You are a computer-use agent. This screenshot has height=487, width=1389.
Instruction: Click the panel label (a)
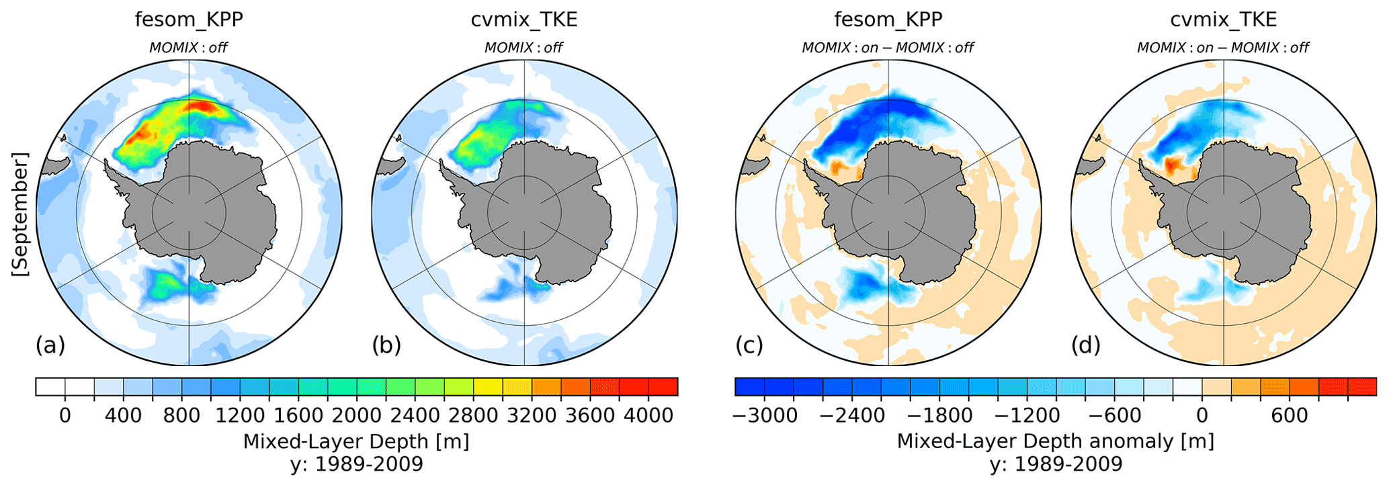tap(50, 345)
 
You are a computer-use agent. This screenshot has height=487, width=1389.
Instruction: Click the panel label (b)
tap(386, 345)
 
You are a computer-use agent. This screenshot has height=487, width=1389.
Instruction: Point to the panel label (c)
tap(749, 345)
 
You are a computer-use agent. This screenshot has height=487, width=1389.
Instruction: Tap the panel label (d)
tap(1085, 345)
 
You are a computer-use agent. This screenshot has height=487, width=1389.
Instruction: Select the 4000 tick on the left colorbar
tap(648, 415)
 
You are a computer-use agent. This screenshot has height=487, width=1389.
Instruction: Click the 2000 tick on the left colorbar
tap(356, 415)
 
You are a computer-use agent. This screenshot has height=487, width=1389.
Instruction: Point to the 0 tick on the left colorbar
tap(65, 415)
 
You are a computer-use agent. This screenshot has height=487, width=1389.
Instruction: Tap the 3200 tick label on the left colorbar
tap(532, 415)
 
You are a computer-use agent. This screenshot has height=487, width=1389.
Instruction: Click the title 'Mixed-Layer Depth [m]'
tap(356, 441)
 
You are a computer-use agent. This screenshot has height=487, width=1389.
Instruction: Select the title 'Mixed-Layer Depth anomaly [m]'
tap(1056, 441)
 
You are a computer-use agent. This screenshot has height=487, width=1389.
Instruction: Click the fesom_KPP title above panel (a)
tap(189, 19)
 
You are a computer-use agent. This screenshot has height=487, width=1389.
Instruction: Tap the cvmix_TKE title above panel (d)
tap(1224, 19)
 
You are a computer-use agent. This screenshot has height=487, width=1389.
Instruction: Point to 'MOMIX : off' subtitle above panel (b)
tap(524, 48)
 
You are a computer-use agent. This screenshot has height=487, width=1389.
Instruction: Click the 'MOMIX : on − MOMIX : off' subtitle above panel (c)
tap(888, 48)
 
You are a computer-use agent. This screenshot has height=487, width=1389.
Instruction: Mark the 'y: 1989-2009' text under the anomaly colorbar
tap(1056, 464)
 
